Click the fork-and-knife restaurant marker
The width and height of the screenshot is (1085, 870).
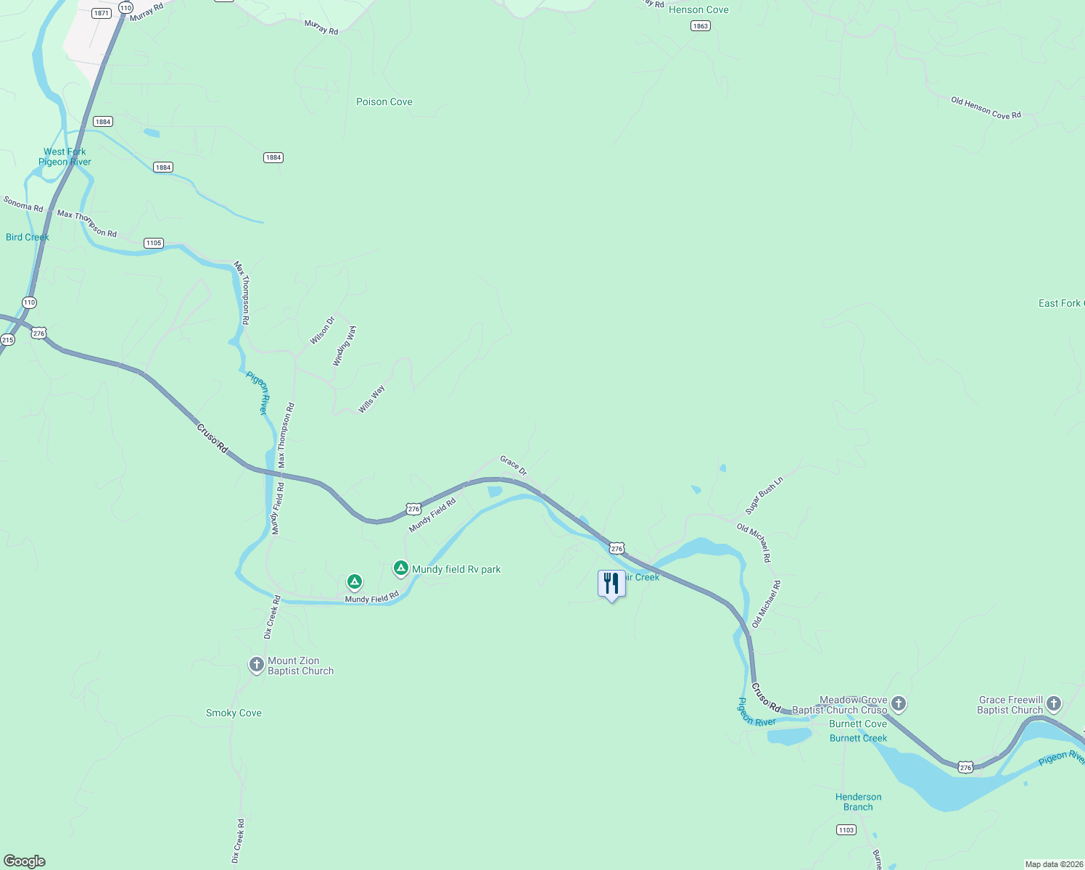611,584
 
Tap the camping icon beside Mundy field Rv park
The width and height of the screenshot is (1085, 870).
400,568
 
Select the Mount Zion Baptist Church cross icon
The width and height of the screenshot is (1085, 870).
256,664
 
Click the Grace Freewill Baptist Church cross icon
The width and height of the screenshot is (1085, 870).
1054,703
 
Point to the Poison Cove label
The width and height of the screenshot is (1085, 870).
384,102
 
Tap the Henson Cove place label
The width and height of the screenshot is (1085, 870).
698,10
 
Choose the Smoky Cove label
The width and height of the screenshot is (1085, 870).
234,713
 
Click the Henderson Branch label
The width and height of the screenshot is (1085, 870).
858,802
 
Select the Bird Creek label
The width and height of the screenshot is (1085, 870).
28,238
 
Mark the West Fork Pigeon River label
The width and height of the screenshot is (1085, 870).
65,157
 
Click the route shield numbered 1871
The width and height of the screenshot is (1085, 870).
102,13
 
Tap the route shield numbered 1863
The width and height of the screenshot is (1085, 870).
700,26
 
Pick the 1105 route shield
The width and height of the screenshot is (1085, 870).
153,243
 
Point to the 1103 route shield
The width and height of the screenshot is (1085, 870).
846,830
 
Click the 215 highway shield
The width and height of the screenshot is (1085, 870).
7,340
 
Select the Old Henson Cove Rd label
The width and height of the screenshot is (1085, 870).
986,108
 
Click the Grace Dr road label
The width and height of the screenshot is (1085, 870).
513,465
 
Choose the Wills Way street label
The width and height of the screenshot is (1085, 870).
371,399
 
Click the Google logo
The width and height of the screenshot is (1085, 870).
25,861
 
